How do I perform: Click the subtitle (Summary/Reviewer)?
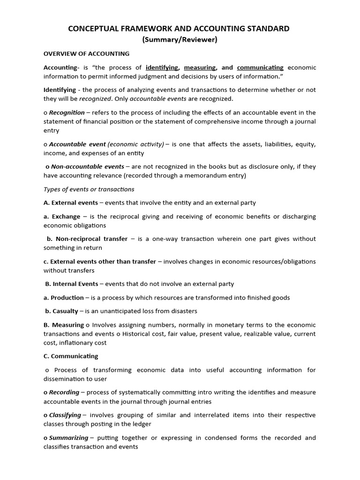(x=180, y=40)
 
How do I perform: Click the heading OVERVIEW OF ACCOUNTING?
(x=86, y=54)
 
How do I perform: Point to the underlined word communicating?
(x=260, y=67)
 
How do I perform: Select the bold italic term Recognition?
(x=67, y=112)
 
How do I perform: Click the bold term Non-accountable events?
(x=88, y=166)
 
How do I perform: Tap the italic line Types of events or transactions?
(x=89, y=189)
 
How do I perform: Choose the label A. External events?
(x=71, y=203)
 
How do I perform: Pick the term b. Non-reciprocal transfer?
(x=87, y=239)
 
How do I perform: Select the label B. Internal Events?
(x=72, y=284)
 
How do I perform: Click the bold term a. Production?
(x=64, y=298)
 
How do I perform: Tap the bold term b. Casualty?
(x=62, y=311)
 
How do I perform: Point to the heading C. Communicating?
(x=71, y=356)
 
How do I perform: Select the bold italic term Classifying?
(x=65, y=415)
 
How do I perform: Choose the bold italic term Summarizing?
(x=68, y=438)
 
